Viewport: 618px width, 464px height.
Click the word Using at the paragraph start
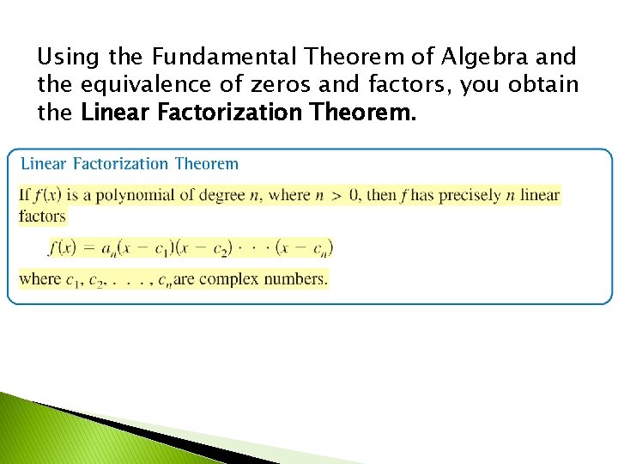coord(70,58)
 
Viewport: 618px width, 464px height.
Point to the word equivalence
coord(154,85)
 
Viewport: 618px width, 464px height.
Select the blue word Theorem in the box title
coord(206,163)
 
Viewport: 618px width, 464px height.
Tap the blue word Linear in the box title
coord(45,163)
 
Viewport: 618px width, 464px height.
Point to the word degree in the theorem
coord(222,195)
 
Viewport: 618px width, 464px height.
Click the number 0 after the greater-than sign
coord(354,195)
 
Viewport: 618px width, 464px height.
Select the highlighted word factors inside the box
coord(42,216)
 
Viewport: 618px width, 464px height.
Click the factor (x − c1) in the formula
coord(164,248)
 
